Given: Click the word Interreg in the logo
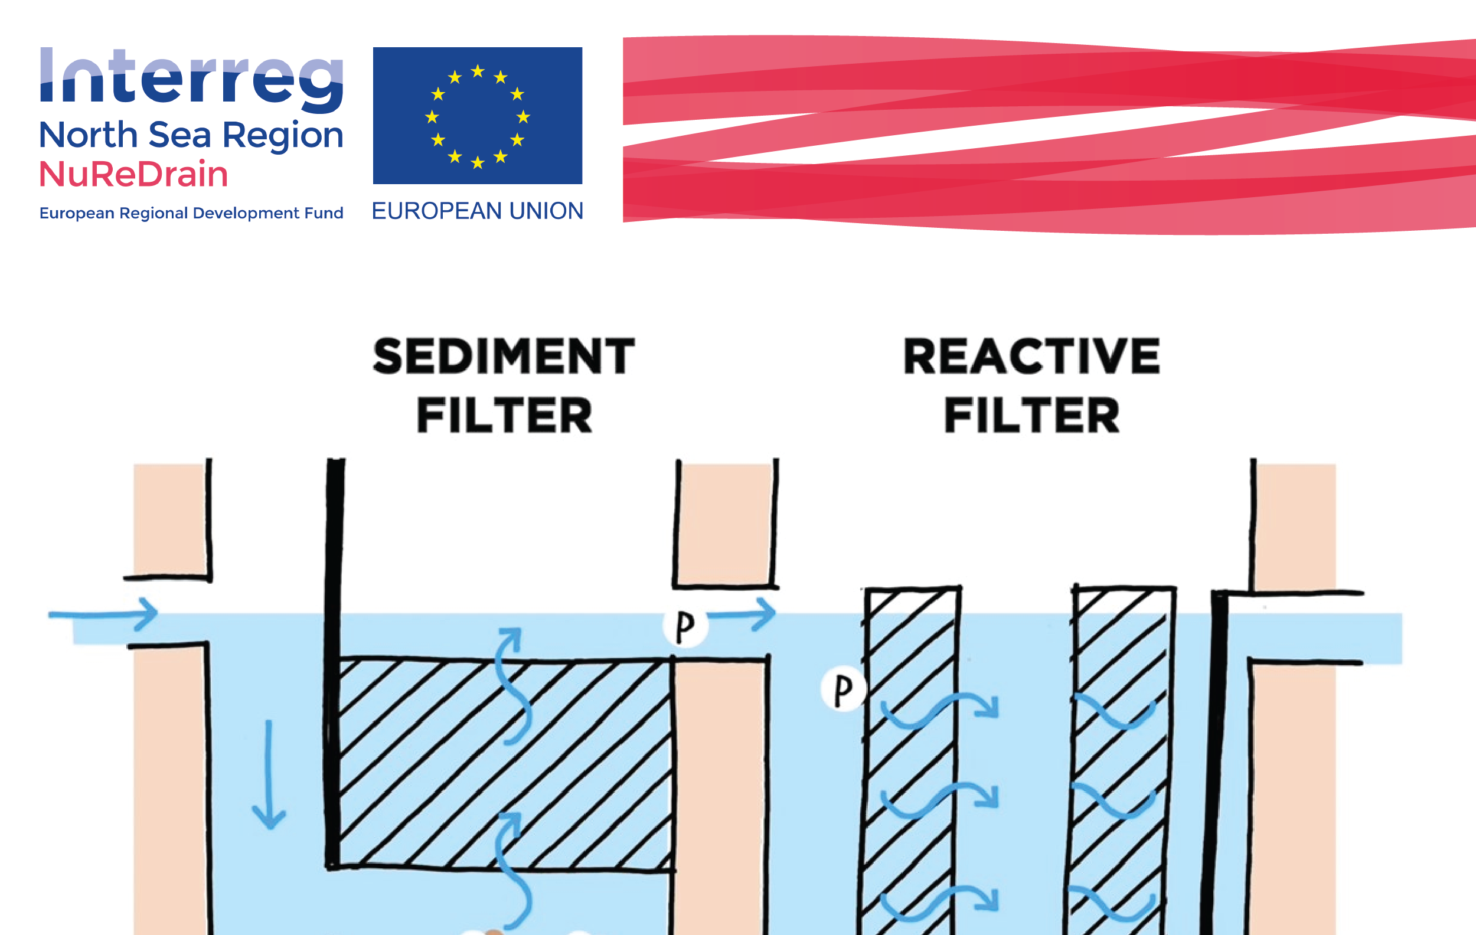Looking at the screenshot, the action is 191,80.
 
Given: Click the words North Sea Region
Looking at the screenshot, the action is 191,135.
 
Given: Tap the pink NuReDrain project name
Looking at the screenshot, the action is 133,174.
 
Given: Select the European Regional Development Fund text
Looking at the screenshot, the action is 191,213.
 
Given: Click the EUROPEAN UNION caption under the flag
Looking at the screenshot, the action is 478,211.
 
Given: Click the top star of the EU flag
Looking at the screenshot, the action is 478,71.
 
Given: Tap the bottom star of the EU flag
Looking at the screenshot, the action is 478,162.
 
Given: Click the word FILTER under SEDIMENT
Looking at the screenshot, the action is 504,416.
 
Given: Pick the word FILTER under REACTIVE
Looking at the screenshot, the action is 1032,416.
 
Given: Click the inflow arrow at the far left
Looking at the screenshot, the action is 103,614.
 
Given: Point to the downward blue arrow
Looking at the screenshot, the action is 269,775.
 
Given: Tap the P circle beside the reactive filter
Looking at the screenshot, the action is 844,689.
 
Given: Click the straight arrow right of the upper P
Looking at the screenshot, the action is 742,614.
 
